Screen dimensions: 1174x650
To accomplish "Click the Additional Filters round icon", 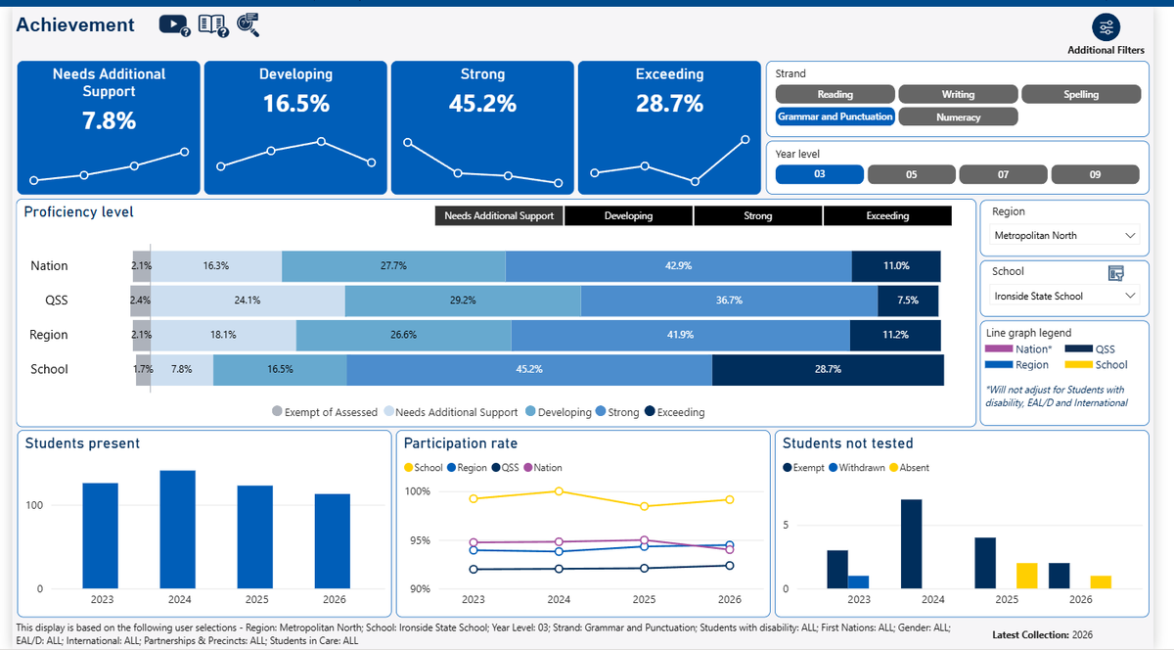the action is [x=1106, y=27].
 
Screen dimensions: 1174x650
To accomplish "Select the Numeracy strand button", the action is [x=958, y=117].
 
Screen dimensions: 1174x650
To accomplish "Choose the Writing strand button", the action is [x=958, y=94].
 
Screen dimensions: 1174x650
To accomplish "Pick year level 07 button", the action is [x=1003, y=174].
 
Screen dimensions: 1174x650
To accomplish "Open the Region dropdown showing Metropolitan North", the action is [x=1064, y=236].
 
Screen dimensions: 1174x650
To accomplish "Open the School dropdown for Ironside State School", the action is [x=1064, y=296].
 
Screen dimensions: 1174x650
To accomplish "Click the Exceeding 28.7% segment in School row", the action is [x=828, y=369].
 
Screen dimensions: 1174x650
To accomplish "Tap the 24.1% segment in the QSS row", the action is [x=248, y=301].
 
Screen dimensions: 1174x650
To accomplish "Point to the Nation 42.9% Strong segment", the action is [x=679, y=266].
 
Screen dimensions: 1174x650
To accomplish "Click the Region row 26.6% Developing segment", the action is [x=403, y=335].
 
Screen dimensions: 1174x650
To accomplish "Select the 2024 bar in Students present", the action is [x=178, y=530].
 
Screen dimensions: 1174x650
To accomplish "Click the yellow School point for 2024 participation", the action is [x=559, y=491].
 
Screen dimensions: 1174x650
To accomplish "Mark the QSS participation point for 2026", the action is [x=730, y=566].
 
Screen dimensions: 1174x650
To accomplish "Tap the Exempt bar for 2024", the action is [x=912, y=544].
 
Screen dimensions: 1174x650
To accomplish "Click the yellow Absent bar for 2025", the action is [x=1027, y=576].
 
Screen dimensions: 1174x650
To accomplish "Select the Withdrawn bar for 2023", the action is [x=859, y=582].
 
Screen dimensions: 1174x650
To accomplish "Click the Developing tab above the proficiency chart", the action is [x=628, y=215].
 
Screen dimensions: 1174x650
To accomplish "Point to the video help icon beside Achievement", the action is [x=174, y=24].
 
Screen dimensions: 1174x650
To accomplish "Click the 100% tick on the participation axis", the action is [x=417, y=491].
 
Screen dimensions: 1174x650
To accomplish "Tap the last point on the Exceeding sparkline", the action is [x=745, y=140].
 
